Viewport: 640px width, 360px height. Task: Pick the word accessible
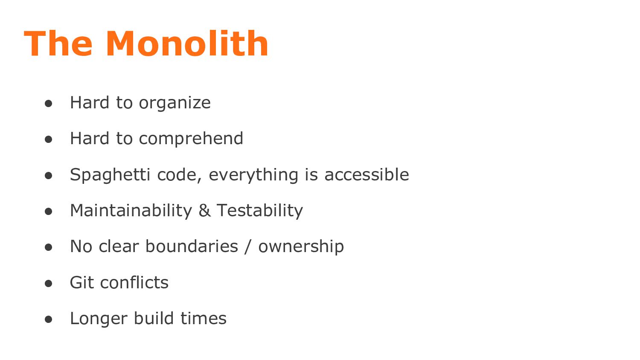pos(367,175)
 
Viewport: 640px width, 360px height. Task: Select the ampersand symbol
pos(204,211)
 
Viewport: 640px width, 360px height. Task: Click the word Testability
pos(259,211)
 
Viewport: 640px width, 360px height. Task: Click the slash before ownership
pos(248,247)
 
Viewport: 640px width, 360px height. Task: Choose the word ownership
pos(301,247)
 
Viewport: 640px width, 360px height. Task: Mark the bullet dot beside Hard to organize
pos(48,103)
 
